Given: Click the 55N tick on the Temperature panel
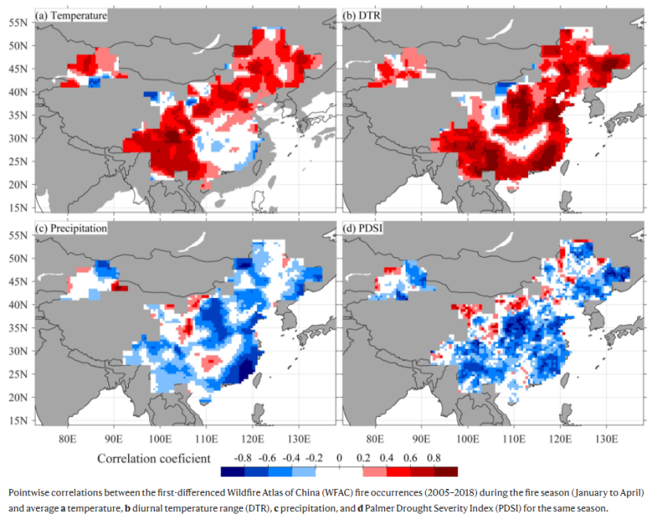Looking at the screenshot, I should point(18,22).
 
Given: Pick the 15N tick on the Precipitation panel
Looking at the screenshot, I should point(18,421).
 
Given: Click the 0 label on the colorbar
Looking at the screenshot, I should point(340,456).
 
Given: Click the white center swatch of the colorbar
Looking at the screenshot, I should point(340,472).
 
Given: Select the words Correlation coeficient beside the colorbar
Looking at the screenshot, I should point(154,457).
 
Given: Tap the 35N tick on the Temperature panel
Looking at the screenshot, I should point(18,115).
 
